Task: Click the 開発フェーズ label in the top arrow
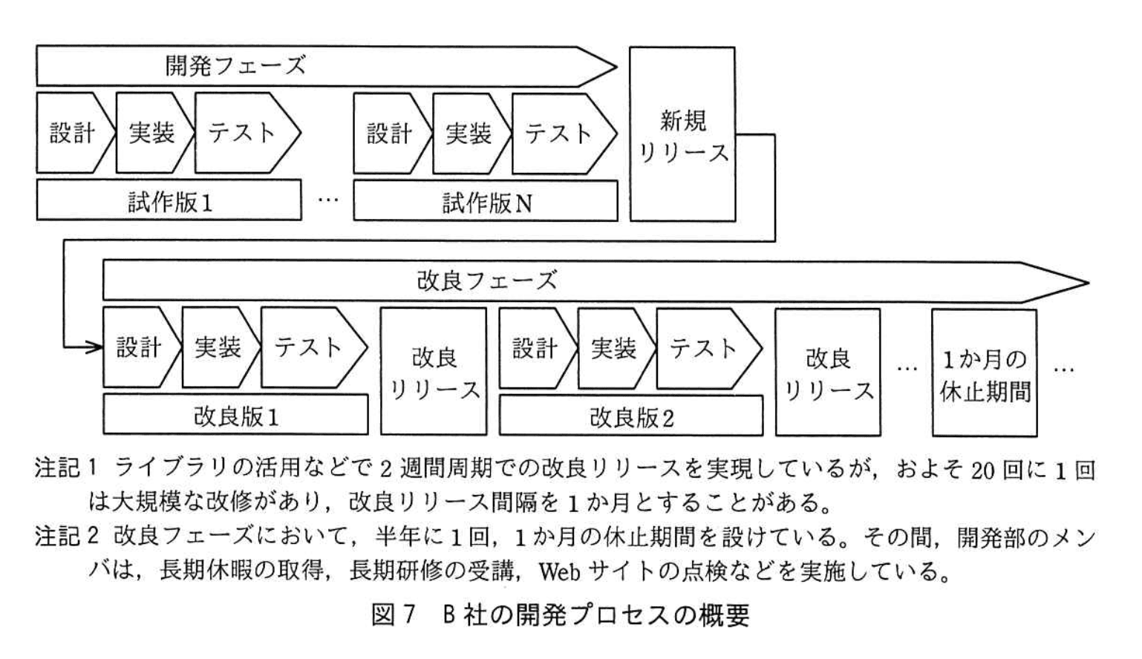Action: click(x=235, y=66)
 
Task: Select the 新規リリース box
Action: click(x=682, y=134)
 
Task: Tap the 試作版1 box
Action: click(x=169, y=201)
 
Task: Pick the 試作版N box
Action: click(x=486, y=202)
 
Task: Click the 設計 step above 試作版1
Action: click(x=73, y=134)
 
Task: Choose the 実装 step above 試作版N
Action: click(x=469, y=134)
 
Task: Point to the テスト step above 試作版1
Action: click(x=242, y=134)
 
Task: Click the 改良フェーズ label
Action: click(x=486, y=281)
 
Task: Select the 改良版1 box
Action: click(x=235, y=416)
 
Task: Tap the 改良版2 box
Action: click(x=631, y=417)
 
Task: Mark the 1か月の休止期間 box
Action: click(x=985, y=374)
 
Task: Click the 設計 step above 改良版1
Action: click(x=139, y=347)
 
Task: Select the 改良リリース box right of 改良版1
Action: click(x=434, y=373)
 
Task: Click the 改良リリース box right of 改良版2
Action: click(x=828, y=373)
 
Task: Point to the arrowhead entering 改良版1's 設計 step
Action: click(x=95, y=347)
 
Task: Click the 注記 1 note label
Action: click(x=66, y=469)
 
